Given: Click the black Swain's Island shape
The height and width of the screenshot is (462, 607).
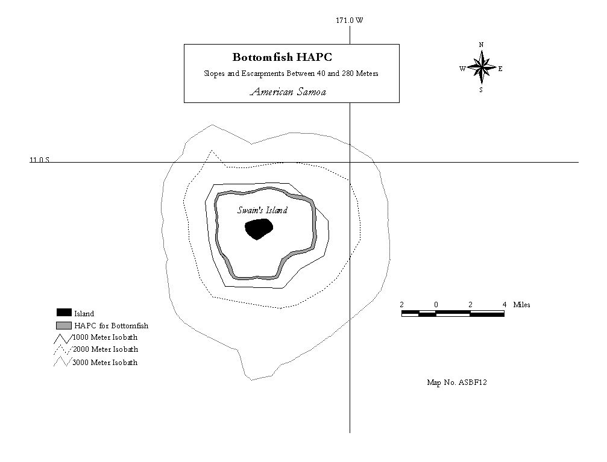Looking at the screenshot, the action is (x=259, y=229).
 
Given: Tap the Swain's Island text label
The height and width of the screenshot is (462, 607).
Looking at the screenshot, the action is (x=262, y=210).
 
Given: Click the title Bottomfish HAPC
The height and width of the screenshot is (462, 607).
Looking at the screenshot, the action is (x=282, y=57).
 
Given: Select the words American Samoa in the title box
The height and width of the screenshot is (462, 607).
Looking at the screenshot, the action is (x=288, y=92).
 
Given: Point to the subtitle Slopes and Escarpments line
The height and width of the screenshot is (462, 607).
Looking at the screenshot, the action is (x=291, y=73).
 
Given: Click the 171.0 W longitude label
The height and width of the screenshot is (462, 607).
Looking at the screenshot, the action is (x=350, y=20).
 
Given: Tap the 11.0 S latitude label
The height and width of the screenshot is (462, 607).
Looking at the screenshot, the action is (x=40, y=160).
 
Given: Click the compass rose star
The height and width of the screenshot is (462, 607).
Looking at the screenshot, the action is (x=481, y=68).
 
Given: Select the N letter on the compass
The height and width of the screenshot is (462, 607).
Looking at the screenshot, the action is (x=481, y=45).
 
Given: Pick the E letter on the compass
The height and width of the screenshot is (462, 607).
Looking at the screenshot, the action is (x=500, y=69).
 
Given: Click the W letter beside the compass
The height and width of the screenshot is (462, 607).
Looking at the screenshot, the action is (x=462, y=69).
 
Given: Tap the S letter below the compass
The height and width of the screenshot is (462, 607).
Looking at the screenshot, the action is (x=481, y=90).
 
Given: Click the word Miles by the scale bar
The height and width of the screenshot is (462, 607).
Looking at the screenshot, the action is (x=521, y=305).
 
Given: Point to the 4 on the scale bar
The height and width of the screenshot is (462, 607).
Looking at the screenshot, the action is (x=505, y=305).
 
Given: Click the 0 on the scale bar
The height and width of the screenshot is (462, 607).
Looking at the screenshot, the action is (x=436, y=305).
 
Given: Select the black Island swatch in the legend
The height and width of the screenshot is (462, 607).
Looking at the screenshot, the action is (x=64, y=312).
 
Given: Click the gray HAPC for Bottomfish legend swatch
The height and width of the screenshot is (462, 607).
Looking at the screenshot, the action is (x=64, y=325).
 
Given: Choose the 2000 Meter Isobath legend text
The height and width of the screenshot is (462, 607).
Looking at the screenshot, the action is (x=105, y=349).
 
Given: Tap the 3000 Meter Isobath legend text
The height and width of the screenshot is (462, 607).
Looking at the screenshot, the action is (x=105, y=363).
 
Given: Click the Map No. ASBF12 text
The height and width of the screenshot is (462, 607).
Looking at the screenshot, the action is (x=457, y=382).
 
